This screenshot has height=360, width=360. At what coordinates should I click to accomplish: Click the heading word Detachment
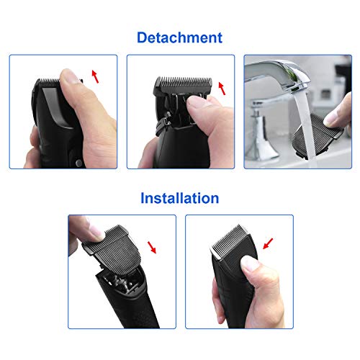tap(179, 37)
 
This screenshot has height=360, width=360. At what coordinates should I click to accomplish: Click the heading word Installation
tap(180, 198)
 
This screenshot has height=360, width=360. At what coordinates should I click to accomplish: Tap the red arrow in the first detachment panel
tap(95, 76)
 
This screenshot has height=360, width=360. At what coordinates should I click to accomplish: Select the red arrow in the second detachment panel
tap(222, 89)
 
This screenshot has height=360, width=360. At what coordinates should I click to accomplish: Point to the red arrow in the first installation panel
tap(152, 247)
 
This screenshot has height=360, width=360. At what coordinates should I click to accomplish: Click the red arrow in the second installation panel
tap(268, 243)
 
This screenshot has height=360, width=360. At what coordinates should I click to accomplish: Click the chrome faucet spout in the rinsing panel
tap(279, 77)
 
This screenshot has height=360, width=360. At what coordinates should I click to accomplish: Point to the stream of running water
tap(305, 127)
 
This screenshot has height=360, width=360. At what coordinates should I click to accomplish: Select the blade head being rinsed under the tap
tap(317, 135)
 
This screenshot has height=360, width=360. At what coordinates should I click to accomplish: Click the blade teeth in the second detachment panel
tap(184, 82)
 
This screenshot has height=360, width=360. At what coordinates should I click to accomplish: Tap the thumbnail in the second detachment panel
tap(196, 102)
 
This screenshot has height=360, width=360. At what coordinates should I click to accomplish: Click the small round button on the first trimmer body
tap(78, 163)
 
